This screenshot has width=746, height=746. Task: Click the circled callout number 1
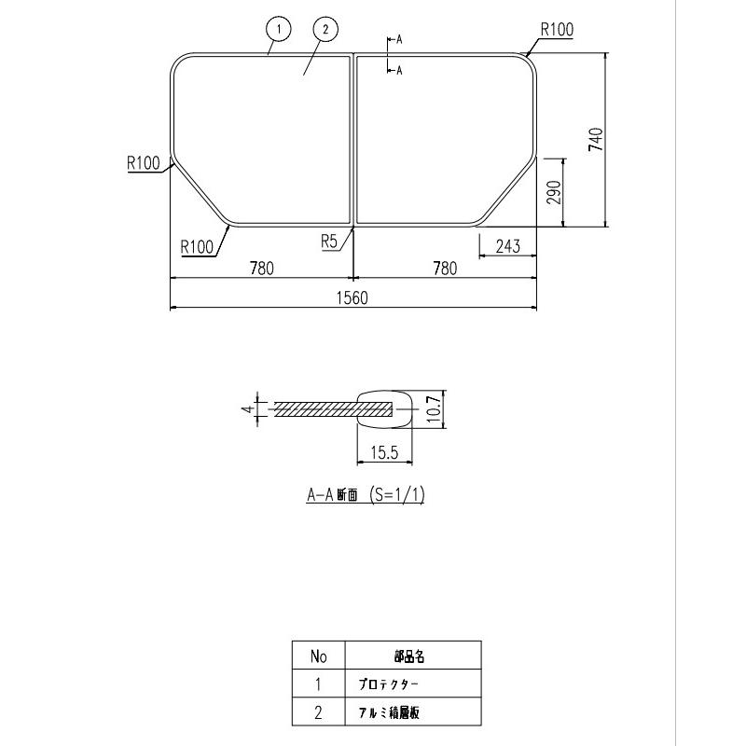277,30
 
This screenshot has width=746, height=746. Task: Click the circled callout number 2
324,30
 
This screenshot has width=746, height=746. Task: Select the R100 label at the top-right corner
556,30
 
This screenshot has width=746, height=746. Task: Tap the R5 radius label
329,241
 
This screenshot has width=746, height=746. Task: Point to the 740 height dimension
597,139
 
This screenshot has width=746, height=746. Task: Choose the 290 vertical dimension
553,191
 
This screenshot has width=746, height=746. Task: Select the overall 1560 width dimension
353,297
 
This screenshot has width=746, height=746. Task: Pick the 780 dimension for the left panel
261,269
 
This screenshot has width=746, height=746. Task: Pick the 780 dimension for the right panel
445,269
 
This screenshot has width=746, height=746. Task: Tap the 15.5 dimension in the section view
384,453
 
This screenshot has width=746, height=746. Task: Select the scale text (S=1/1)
396,496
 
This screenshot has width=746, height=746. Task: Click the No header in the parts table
318,656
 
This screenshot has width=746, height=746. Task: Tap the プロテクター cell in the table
389,684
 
